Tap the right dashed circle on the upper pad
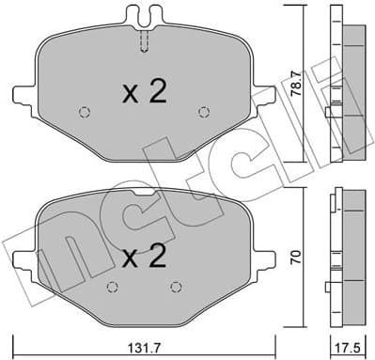(x=204, y=113)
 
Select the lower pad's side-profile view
(x=347, y=254)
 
